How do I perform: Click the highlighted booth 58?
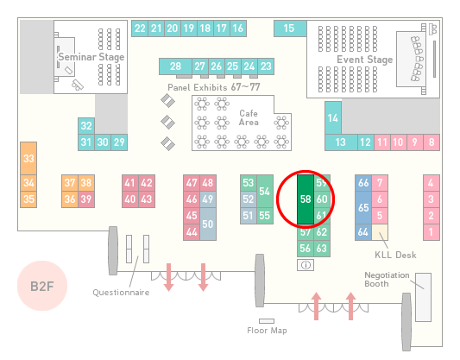coord(306,199)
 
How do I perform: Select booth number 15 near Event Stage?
coord(290,28)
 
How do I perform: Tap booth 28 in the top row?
coord(175,66)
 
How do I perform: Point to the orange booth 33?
coord(28,159)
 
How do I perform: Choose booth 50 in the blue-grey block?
coord(208,224)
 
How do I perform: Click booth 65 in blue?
coord(363,208)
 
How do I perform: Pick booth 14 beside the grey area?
coord(333,118)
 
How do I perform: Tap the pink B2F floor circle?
coord(42,286)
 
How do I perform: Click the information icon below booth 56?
coord(306,265)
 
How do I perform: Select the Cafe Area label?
coord(249,117)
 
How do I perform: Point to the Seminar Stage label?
coord(91,57)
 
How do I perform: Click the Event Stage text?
coord(365,60)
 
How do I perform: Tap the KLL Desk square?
coord(380,232)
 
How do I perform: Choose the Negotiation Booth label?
coord(387,280)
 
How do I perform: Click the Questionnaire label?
coord(121,293)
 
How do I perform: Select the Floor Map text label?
coord(267,331)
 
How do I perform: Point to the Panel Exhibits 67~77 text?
coord(214,87)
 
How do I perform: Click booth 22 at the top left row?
coord(140,28)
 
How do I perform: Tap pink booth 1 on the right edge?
coord(432,232)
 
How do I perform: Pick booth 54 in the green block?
coord(265,192)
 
